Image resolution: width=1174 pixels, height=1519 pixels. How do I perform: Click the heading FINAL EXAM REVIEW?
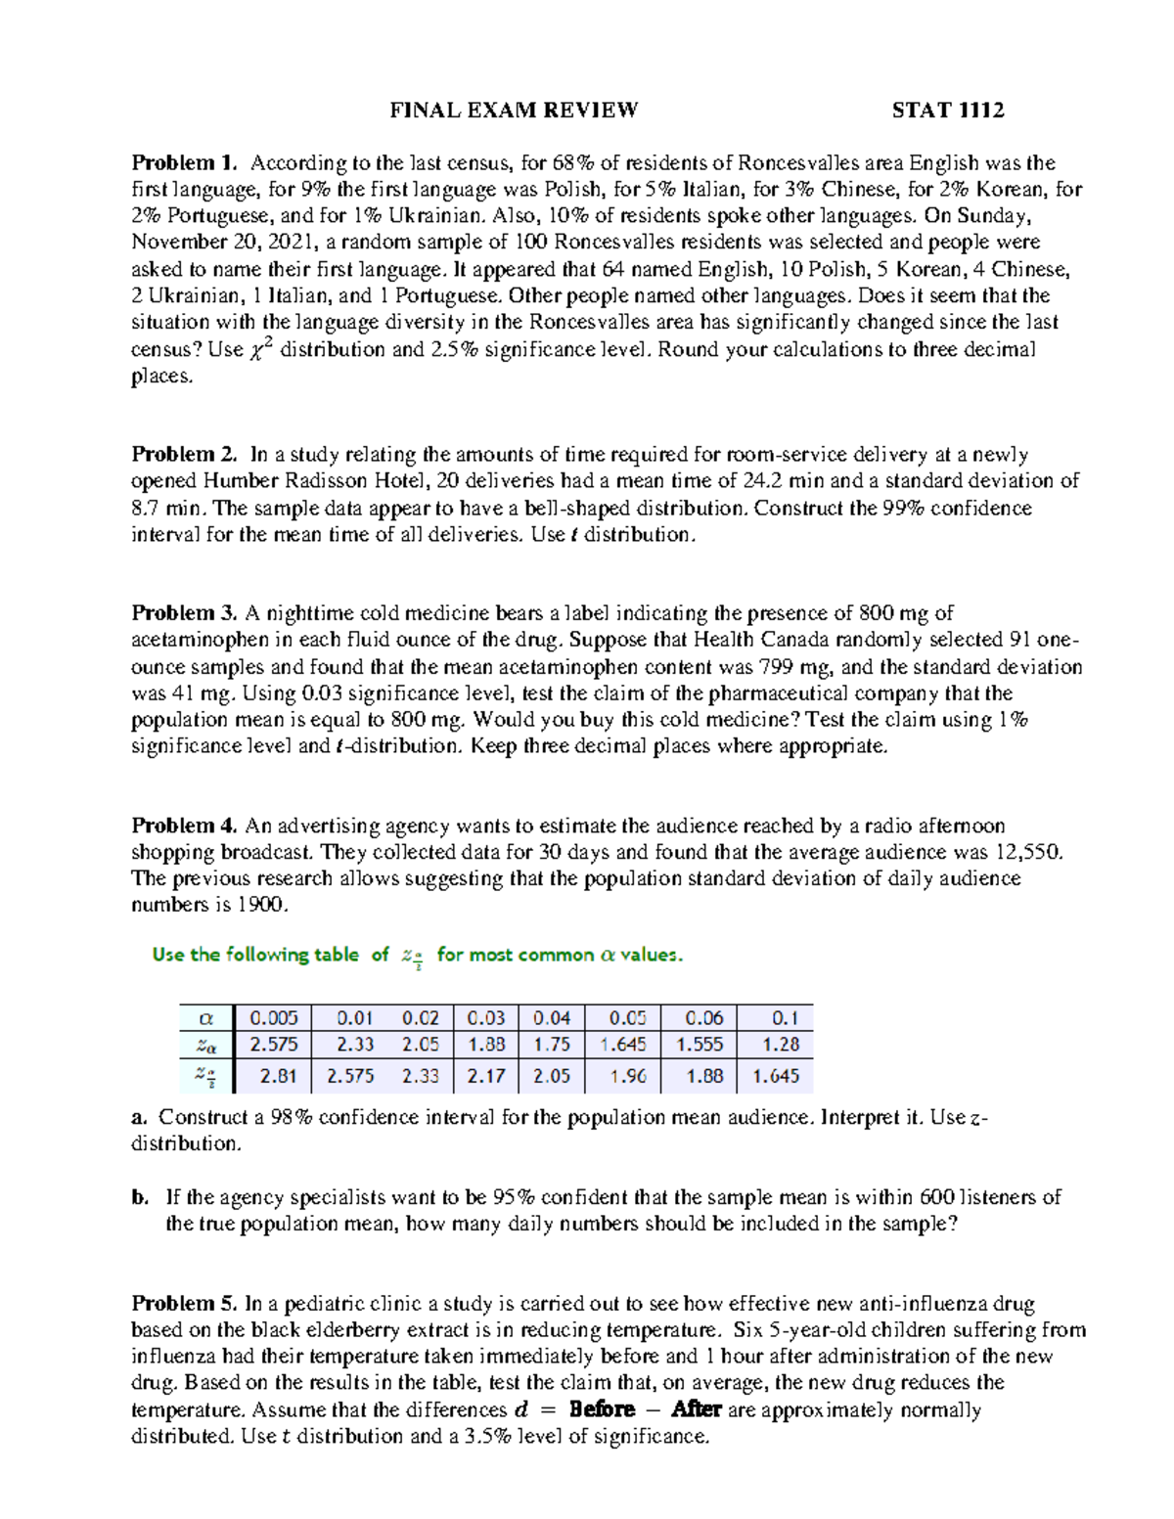514,111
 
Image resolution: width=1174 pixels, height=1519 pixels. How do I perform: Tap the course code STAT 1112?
947,111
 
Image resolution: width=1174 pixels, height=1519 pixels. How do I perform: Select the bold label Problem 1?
185,162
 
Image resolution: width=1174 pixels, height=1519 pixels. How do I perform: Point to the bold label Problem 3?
185,613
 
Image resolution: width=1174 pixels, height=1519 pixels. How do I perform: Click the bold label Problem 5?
185,1304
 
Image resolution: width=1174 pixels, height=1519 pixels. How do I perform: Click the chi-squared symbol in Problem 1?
258,350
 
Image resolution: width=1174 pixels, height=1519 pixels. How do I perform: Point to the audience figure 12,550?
1027,852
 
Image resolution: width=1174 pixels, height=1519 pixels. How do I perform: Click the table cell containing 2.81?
278,1076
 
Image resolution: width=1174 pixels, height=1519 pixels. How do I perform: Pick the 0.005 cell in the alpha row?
274,1018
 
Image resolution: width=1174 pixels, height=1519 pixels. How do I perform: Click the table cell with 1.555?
699,1045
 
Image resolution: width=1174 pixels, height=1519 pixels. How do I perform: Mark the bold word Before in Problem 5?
602,1410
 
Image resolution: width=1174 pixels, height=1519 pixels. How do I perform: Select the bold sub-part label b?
140,1197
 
